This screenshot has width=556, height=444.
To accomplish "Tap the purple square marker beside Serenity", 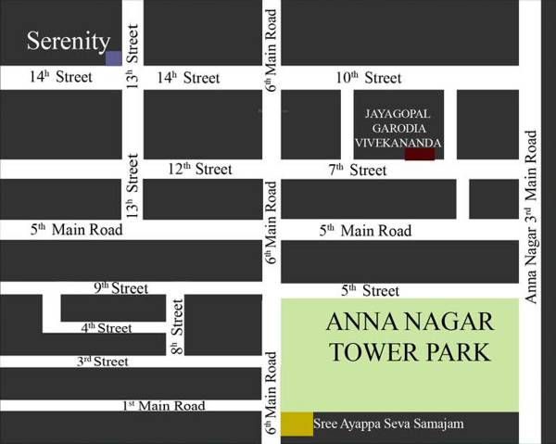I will (113, 58).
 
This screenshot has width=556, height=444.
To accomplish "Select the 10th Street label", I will (369, 78).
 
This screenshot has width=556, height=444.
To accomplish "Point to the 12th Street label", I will (199, 169).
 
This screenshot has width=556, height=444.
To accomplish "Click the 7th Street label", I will (358, 170).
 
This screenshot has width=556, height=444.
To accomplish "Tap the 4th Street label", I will (106, 327).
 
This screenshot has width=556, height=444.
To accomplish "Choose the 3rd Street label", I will (102, 362).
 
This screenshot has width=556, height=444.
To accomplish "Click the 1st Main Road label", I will (163, 405).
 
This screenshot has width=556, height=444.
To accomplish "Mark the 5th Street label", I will (370, 290).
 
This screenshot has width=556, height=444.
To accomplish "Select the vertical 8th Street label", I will (177, 327).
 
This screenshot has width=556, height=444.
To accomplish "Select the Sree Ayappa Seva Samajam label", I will (388, 425).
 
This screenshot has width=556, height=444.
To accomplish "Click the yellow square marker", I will (297, 424).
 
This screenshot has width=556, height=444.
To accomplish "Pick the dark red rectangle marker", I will (419, 154).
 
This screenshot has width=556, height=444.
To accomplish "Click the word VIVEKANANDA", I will (398, 143).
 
